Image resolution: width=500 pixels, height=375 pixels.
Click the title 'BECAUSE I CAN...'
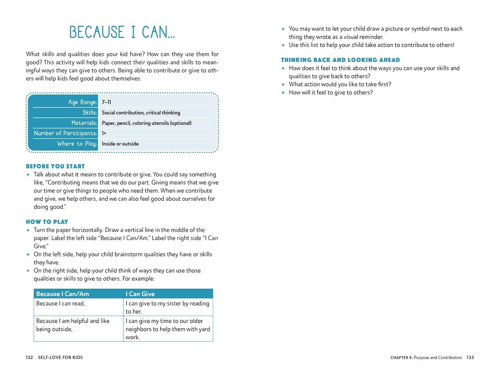[122, 32]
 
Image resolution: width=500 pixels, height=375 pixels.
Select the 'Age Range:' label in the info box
[82, 102]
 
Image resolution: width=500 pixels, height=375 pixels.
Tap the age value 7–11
[106, 102]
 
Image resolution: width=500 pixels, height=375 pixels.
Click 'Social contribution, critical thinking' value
[141, 113]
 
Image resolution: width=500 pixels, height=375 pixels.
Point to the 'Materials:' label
[84, 123]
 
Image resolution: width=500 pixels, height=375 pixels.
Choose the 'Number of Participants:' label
[65, 133]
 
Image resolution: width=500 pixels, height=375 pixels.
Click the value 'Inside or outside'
[120, 144]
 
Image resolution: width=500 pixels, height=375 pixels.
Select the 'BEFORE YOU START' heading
[55, 166]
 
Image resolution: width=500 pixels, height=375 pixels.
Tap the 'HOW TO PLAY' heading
[47, 222]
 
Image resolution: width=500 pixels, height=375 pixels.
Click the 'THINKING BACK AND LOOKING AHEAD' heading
[340, 60]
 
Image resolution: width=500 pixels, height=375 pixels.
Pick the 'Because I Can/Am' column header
[63, 294]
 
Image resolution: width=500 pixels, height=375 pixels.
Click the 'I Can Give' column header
[140, 294]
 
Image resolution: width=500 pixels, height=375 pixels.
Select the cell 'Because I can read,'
[61, 303]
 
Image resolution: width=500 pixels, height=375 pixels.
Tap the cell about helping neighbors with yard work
[168, 329]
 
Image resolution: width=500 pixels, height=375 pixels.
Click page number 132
[29, 357]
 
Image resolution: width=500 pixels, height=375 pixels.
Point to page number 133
[470, 357]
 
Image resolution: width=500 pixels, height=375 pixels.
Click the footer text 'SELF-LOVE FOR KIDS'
[60, 357]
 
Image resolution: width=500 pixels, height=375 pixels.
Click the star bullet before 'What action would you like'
[283, 85]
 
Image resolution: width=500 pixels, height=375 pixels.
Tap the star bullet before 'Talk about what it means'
[28, 175]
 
